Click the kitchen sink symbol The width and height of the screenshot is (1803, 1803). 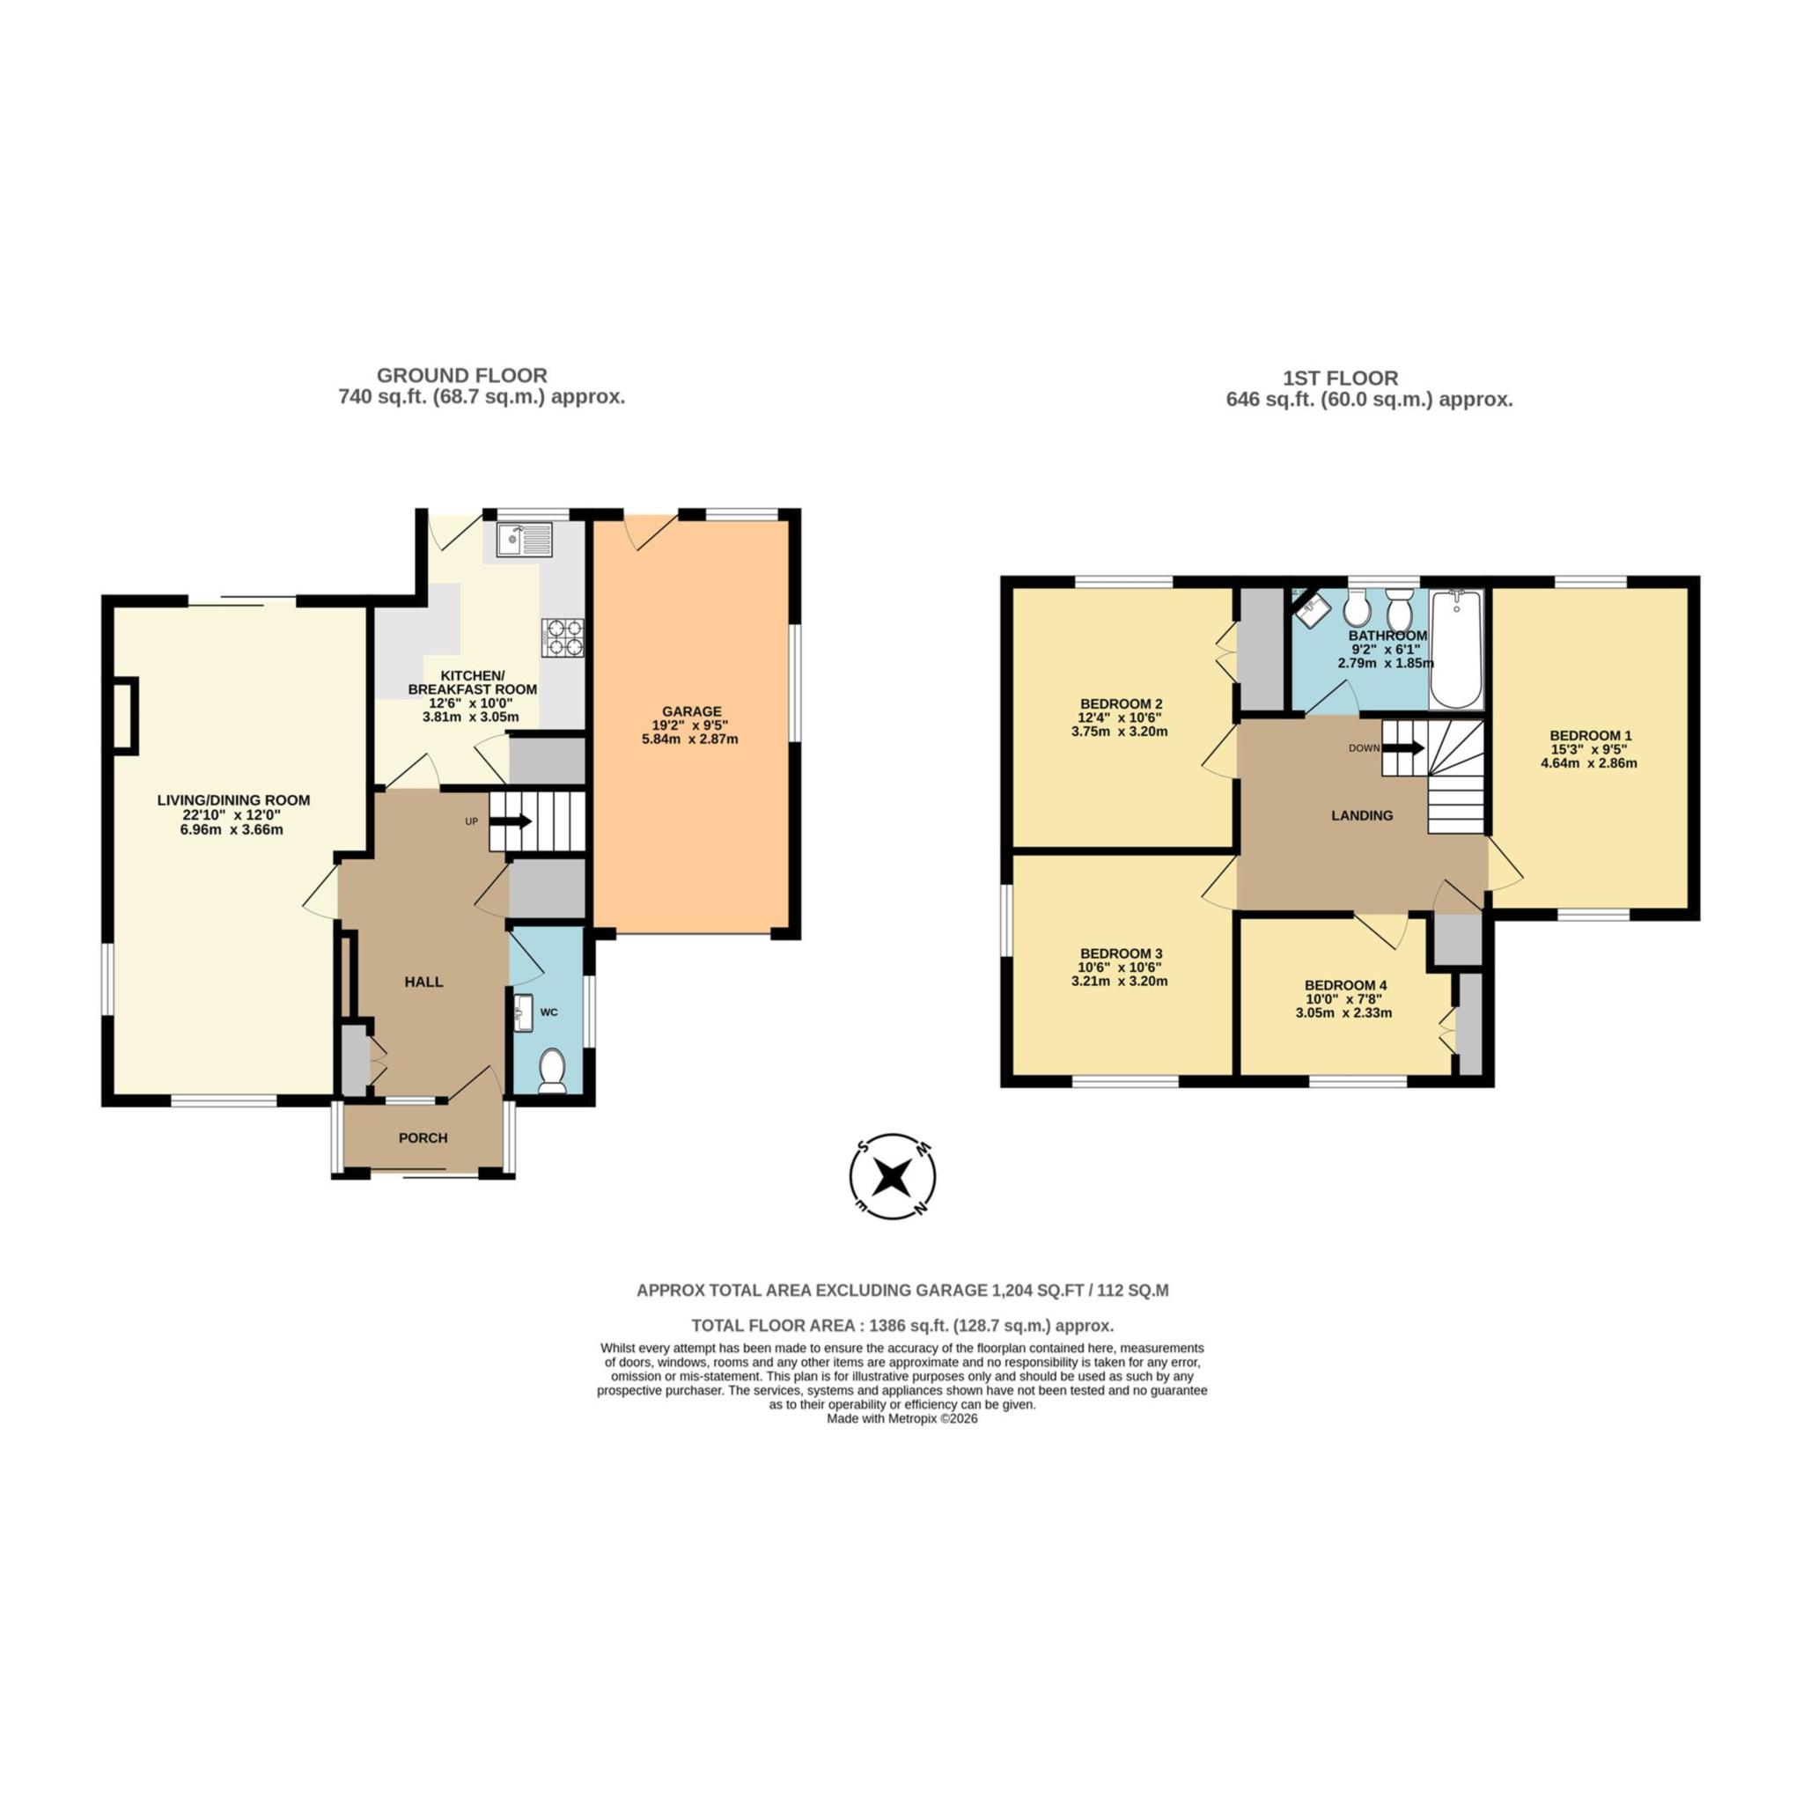coord(525,541)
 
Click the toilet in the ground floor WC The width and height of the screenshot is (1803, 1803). coord(553,1070)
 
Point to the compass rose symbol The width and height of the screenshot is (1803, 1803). coord(893,1177)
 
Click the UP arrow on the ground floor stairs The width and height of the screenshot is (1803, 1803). coord(511,821)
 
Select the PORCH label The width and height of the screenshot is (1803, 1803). coord(423,1137)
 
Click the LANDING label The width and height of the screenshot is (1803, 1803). coord(1362,814)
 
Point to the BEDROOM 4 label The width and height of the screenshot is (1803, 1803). coord(1345,984)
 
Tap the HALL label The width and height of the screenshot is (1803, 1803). coord(423,982)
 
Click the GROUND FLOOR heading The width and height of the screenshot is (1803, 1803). coord(462,375)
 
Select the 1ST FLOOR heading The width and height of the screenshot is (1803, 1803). coord(1340,378)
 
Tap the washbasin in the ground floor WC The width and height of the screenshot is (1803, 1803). coord(523,1013)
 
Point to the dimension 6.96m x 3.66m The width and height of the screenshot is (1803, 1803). coord(232,828)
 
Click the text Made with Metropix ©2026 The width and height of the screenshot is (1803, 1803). coord(901,1417)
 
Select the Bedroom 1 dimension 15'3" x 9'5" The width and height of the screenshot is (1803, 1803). coord(1588,748)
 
